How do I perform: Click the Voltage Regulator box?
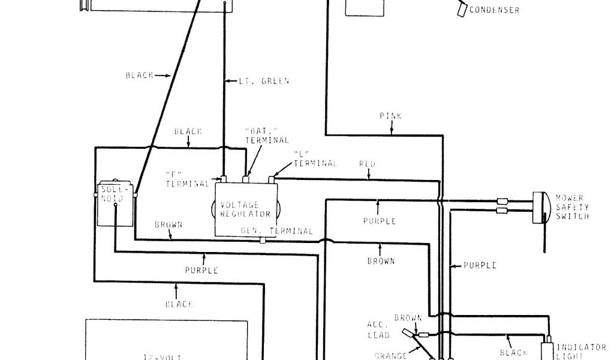click(x=245, y=209)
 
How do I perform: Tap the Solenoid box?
click(x=115, y=203)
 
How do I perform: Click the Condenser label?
click(x=495, y=10)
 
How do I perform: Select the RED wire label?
click(x=368, y=163)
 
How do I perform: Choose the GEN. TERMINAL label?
click(x=276, y=231)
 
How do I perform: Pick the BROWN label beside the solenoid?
click(x=168, y=224)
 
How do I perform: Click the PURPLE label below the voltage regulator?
click(x=201, y=270)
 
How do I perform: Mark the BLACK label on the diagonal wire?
click(x=140, y=76)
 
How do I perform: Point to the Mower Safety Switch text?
click(x=572, y=206)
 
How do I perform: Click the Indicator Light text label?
click(x=583, y=351)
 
